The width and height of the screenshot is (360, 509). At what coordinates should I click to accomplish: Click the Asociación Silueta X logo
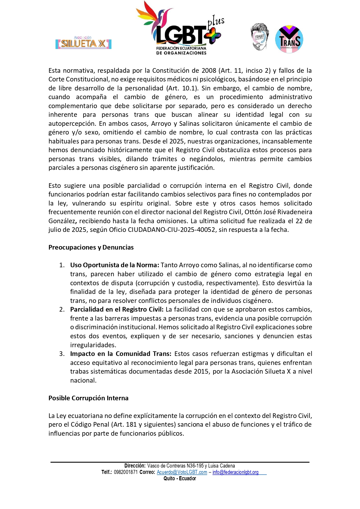(83, 43)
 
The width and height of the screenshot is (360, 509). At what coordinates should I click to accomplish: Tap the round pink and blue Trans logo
(289, 39)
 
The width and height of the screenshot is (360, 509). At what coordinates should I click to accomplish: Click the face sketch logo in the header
(260, 37)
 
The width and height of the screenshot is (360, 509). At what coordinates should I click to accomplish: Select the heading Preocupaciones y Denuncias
(91, 247)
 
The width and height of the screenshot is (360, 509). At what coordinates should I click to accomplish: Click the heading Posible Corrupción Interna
(88, 398)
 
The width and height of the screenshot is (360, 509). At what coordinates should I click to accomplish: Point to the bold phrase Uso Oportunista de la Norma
(114, 265)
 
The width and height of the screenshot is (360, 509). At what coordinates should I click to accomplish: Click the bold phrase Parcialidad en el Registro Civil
(117, 309)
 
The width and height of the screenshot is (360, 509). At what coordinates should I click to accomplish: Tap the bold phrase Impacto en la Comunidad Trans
(121, 354)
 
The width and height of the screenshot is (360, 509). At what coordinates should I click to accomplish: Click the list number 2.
(62, 309)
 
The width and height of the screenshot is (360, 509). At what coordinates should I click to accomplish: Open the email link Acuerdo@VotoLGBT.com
(182, 472)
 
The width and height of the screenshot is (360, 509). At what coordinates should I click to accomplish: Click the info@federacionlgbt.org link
(235, 472)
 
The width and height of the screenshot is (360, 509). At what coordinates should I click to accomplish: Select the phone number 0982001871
(126, 472)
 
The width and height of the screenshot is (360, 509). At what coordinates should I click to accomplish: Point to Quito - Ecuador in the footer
(180, 479)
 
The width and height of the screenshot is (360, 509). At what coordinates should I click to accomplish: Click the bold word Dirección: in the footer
(135, 466)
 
